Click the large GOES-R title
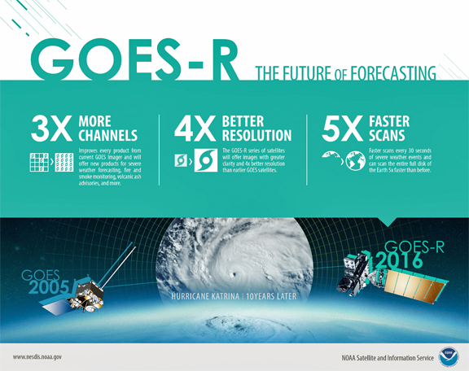pyautogui.click(x=134, y=59)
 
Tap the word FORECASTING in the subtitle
pyautogui.click(x=393, y=73)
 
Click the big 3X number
pyautogui.click(x=51, y=129)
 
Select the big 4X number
pyautogui.click(x=195, y=129)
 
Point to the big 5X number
pyautogui.click(x=343, y=129)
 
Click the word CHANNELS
pyautogui.click(x=108, y=135)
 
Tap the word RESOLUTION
pyautogui.click(x=256, y=135)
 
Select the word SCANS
pyautogui.click(x=387, y=135)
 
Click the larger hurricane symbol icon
pyautogui.click(x=206, y=160)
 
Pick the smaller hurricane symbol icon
pyautogui.click(x=181, y=160)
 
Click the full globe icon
pyautogui.click(x=355, y=161)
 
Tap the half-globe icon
pyautogui.click(x=331, y=155)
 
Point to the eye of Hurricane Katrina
pyautogui.click(x=234, y=274)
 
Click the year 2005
pyautogui.click(x=49, y=287)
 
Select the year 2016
pyautogui.click(x=400, y=260)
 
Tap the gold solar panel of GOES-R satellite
pyautogui.click(x=416, y=286)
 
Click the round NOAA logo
pyautogui.click(x=449, y=357)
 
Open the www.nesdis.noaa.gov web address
pyautogui.click(x=37, y=357)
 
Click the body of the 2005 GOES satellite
pyautogui.click(x=88, y=296)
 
